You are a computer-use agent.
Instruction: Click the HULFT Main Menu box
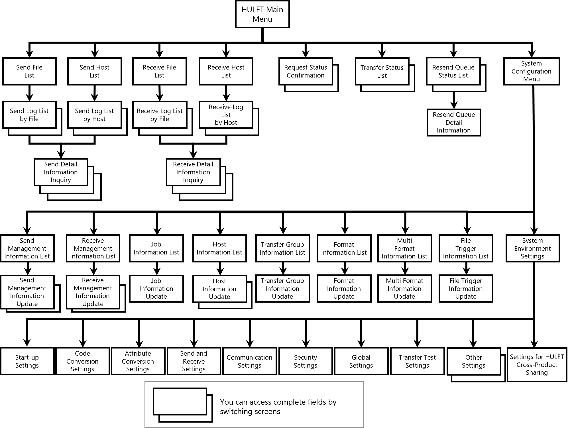tap(262, 14)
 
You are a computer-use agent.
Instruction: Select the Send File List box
tap(29, 71)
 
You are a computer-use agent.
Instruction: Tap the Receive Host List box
tap(226, 71)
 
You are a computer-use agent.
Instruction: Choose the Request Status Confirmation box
tap(306, 71)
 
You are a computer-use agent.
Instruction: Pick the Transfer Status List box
tap(382, 71)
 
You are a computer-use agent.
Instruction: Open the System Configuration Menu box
tap(532, 71)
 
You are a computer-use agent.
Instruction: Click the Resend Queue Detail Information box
tap(454, 123)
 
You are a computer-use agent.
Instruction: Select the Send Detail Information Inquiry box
tap(61, 172)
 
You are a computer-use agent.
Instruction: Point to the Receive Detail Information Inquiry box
tap(193, 172)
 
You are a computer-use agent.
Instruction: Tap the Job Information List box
tap(156, 248)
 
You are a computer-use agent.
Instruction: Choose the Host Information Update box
tap(219, 289)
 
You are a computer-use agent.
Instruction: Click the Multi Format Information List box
tap(404, 248)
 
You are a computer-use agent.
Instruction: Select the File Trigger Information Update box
tap(466, 288)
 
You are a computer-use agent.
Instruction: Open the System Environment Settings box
tap(533, 248)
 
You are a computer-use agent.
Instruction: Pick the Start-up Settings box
tap(27, 361)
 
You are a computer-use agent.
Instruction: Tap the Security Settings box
tap(306, 361)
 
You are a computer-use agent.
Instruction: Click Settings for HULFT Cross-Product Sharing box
tap(537, 364)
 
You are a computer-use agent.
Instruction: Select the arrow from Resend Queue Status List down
tap(454, 100)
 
